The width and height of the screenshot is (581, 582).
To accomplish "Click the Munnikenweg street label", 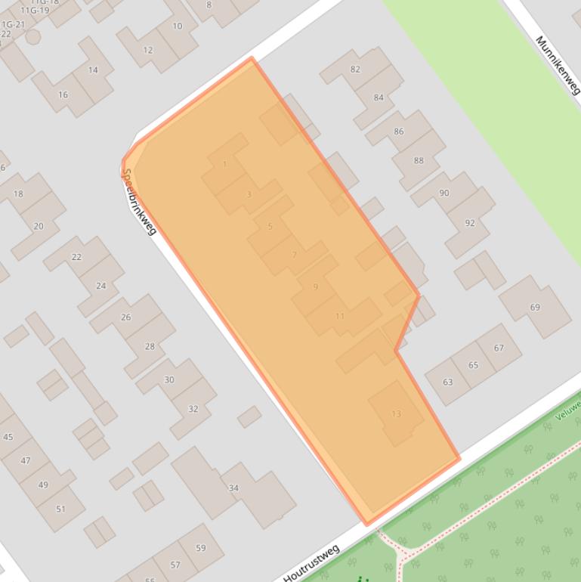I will (x=557, y=65).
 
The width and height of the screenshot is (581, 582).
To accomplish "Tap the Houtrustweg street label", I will (x=312, y=563).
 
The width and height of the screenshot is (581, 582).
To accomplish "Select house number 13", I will (x=397, y=413).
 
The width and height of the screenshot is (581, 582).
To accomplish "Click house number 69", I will (x=535, y=307).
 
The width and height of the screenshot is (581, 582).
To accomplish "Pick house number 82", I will (x=355, y=70).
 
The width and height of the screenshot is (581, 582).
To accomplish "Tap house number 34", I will (x=233, y=488).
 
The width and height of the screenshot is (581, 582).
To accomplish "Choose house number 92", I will (x=470, y=223).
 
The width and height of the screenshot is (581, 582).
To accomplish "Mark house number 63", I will (x=448, y=382).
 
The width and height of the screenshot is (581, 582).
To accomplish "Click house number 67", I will (x=499, y=348).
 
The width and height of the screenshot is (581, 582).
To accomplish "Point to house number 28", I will (x=150, y=347).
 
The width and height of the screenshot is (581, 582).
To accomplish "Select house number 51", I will (x=61, y=509).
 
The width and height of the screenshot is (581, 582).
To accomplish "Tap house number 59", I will (x=200, y=548).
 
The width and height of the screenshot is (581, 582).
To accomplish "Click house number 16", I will (x=63, y=94).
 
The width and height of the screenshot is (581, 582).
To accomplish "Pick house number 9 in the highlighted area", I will (x=315, y=286).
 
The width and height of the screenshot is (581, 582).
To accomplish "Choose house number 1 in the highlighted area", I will (x=224, y=164).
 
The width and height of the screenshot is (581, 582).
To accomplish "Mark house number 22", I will (x=76, y=257).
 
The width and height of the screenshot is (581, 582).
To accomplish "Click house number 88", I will (x=419, y=160).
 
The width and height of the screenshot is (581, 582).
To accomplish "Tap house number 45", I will (x=8, y=437).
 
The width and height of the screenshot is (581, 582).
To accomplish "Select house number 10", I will (x=178, y=26).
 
